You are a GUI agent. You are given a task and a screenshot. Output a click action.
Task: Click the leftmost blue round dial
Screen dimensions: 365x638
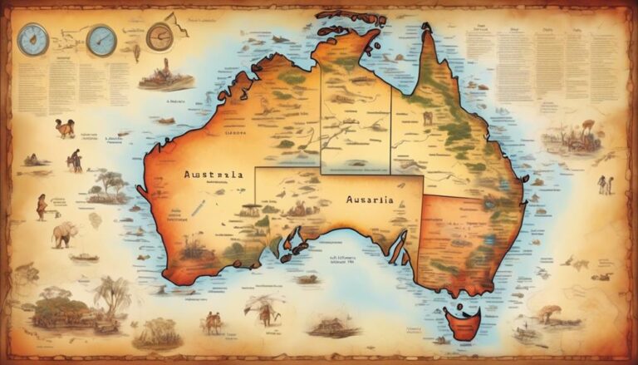[x=33, y=40]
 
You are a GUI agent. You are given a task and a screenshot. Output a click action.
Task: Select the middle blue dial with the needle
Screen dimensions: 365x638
[x=101, y=39]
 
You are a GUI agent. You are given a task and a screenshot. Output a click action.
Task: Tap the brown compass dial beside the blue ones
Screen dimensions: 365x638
[x=159, y=36]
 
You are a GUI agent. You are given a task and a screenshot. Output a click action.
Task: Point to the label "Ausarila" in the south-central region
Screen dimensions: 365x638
[x=366, y=201]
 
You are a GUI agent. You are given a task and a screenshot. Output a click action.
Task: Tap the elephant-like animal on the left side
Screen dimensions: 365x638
[x=65, y=234]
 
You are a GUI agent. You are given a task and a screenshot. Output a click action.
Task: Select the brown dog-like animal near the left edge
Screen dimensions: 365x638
[x=66, y=129]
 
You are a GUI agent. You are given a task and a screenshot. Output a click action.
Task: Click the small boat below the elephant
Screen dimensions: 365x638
[x=83, y=258]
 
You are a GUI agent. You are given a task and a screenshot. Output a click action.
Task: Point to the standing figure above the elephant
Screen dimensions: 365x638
[x=41, y=205]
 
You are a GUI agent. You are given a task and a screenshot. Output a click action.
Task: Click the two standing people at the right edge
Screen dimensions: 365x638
[x=605, y=184]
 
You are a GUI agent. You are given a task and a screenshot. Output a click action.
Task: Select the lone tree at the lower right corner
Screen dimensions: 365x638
[x=549, y=313]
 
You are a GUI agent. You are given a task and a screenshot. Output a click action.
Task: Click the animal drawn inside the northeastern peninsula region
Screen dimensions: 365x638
[x=428, y=118]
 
